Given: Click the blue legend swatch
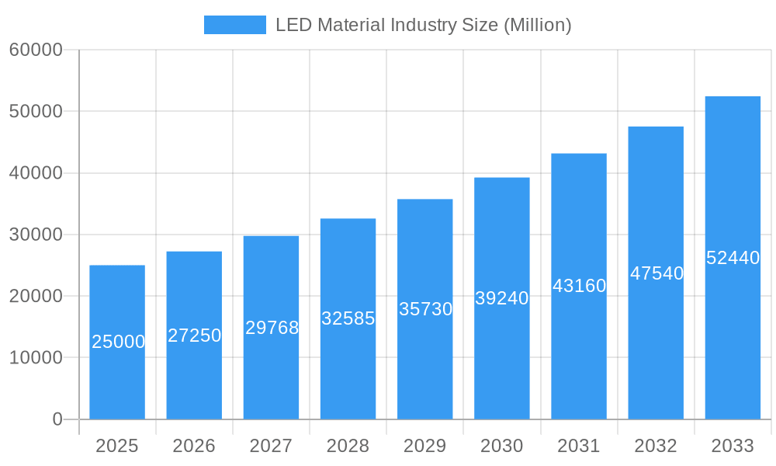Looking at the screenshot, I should coord(234,25).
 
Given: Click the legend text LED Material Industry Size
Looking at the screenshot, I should coord(423,25).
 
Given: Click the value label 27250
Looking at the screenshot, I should coord(194,336).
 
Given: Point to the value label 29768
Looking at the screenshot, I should coord(272,328).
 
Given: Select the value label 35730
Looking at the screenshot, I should coord(425,309).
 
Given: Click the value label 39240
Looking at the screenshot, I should coord(501,298).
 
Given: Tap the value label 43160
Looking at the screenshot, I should coord(579,286).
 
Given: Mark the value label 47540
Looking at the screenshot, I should coord(656,273).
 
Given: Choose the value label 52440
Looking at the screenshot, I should coord(733,258).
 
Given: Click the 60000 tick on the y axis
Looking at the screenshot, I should coord(36,50).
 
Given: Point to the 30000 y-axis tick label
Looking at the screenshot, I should coord(36,235).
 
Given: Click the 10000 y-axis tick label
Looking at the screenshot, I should coord(36,358).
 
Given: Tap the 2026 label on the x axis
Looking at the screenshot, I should coord(194,446).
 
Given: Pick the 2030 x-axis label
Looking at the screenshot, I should coord(501,446).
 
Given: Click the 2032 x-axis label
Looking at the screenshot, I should coord(656,446).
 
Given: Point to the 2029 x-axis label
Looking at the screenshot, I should coord(424,446).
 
